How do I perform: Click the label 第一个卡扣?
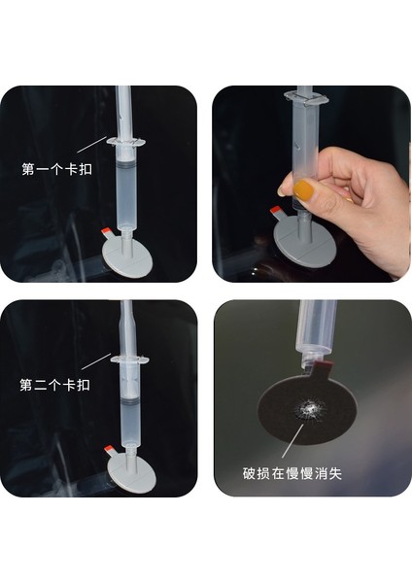tap(56, 169)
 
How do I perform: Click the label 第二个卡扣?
tap(54, 385)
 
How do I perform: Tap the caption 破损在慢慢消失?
tap(292, 473)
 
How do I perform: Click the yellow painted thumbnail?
tap(304, 189)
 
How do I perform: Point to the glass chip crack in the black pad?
tap(309, 409)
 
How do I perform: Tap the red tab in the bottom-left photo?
tap(110, 449)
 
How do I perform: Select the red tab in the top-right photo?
tap(276, 211)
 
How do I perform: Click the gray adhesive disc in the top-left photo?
tap(126, 257)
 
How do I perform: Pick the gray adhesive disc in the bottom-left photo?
tap(131, 472)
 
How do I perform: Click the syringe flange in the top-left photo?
tap(126, 141)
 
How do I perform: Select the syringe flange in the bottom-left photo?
tap(130, 360)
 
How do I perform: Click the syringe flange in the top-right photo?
tap(306, 98)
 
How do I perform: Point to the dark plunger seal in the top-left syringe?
tap(126, 163)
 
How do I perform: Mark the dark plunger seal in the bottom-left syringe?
tap(130, 401)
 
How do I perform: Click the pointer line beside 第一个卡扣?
tap(92, 145)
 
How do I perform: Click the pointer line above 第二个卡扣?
tap(96, 361)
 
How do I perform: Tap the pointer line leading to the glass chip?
tap(293, 440)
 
